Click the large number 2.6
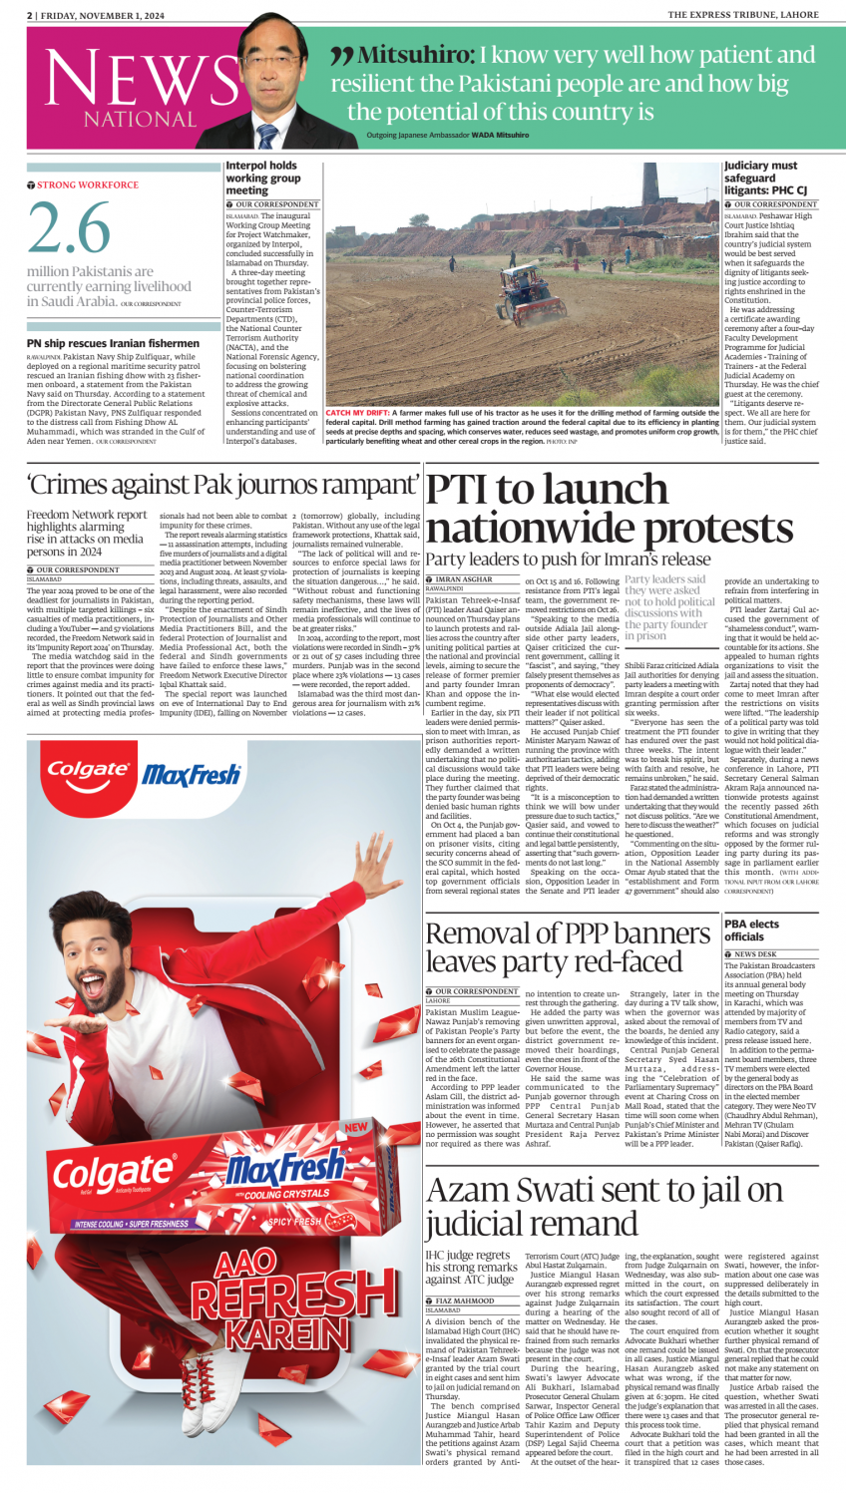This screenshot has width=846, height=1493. pos(69,228)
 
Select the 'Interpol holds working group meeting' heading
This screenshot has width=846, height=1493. pos(262,178)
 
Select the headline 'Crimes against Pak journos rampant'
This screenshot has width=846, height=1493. pos(223,486)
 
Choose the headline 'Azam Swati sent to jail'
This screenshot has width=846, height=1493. pos(605,1207)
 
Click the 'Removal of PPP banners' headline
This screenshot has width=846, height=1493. pos(568,946)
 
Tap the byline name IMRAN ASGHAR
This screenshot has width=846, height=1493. pos(464,579)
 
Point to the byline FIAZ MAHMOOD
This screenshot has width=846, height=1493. pos(464,1301)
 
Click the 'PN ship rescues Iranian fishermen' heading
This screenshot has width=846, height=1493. pos(113,343)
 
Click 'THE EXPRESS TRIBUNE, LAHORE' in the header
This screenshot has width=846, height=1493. pos(742,15)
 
